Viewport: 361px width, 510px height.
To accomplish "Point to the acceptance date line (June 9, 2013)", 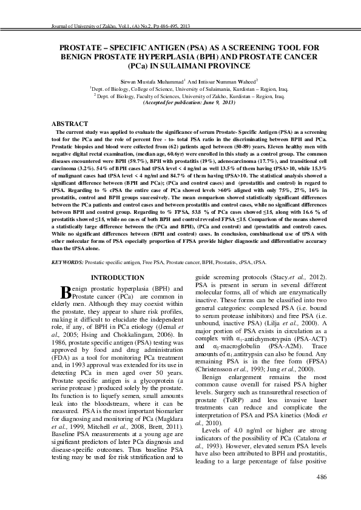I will pyautogui.click(x=180, y=104).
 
